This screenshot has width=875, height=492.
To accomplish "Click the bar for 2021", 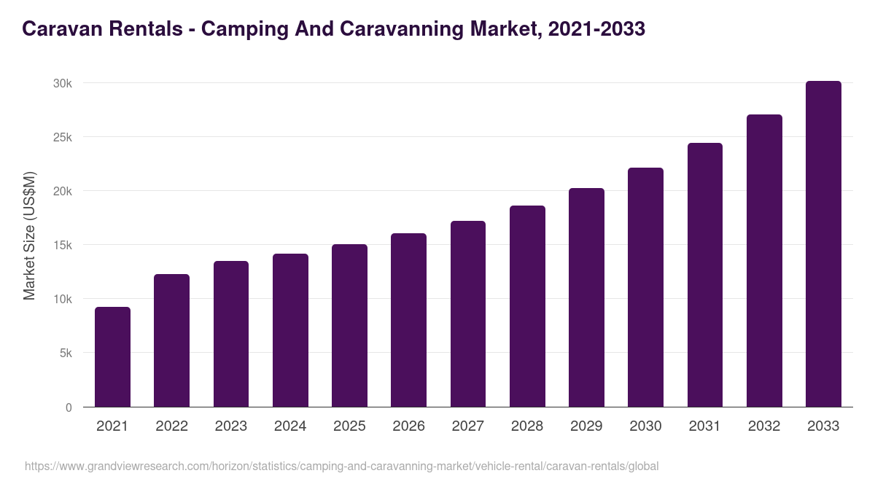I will (112, 357).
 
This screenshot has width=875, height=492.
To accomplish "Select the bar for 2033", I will (823, 244).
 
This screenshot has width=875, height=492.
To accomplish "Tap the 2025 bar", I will (349, 326).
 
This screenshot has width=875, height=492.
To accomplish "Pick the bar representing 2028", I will (527, 306).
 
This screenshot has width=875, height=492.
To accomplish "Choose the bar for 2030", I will (645, 287).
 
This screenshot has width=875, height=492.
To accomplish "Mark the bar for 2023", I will (231, 334).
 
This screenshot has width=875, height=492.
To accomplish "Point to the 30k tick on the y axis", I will (63, 84).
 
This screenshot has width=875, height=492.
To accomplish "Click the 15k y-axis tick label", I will (63, 246).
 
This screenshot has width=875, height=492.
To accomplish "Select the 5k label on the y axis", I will (66, 354).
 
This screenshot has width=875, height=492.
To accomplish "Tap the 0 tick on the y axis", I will (69, 407).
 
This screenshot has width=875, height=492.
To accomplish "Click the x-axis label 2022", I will (171, 426).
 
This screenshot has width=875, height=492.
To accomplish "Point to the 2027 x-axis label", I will (467, 426).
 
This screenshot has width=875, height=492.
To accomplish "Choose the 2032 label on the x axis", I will (764, 426).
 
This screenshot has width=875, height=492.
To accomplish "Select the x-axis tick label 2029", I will (586, 426).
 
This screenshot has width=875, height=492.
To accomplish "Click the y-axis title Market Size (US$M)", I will (29, 235).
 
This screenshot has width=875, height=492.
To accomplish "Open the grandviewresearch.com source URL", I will (341, 466).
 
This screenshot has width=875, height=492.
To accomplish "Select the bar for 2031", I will (704, 275).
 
